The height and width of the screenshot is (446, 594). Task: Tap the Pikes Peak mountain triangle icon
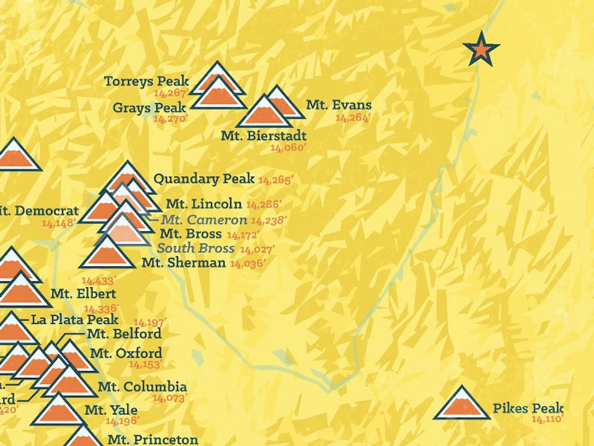coord(462,404)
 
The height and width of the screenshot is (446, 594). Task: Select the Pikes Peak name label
coord(527,409)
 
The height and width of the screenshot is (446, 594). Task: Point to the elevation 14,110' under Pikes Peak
coord(547,420)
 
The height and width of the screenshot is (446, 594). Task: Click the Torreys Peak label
coord(146,81)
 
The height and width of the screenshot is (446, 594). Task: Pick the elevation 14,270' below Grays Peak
coord(170,118)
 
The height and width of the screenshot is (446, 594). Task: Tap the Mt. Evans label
coord(338,106)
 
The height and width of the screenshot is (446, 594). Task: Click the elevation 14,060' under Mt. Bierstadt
coord(288,147)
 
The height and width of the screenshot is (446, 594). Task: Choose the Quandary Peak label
coord(203,179)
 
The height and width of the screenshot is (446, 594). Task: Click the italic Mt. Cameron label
coord(203,220)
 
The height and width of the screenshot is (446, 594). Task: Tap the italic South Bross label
coord(195,248)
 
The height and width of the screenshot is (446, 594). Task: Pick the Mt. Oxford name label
coord(125,353)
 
